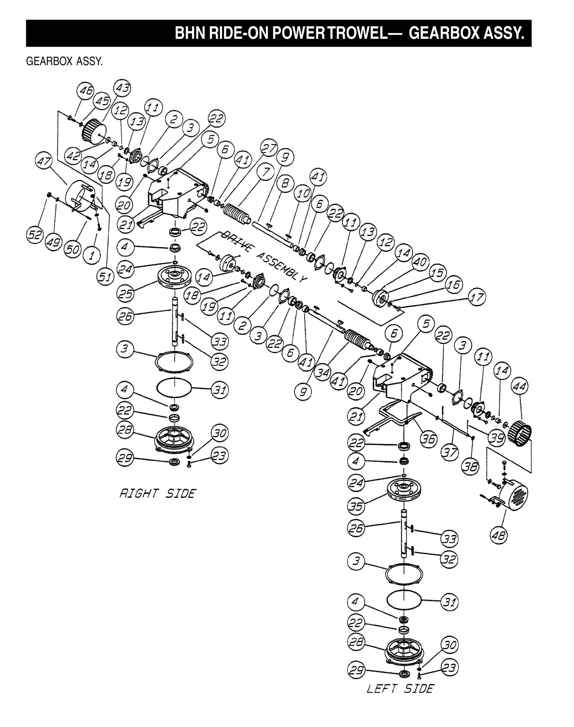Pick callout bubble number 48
click(499, 536)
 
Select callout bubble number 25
click(126, 293)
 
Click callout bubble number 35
click(356, 506)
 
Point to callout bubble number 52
click(34, 235)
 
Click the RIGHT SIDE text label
click(158, 494)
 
